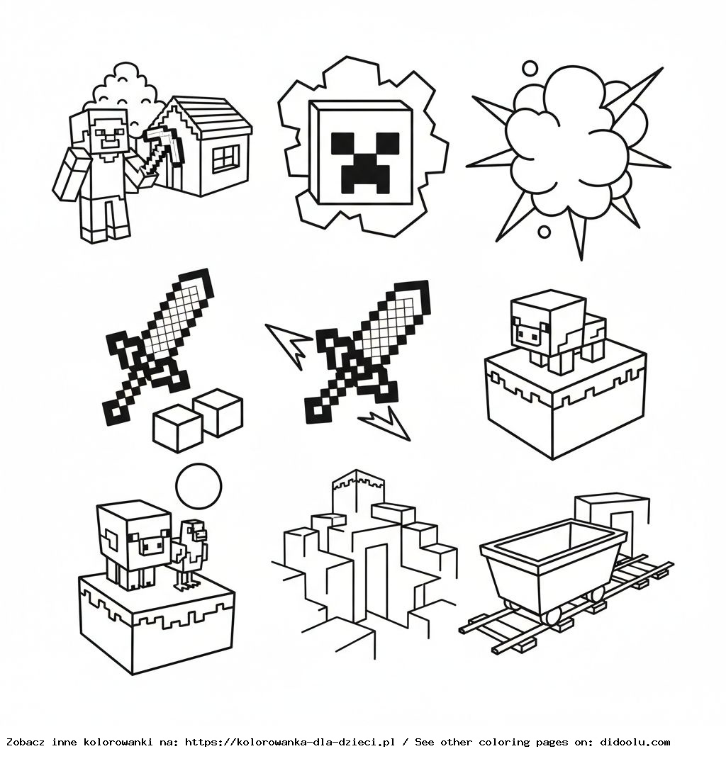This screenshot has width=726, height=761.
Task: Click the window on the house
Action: (225, 159)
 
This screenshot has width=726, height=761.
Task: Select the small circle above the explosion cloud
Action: (530, 69)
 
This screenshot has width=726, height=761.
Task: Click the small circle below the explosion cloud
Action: (544, 231)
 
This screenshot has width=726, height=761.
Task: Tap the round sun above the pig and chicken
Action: (199, 486)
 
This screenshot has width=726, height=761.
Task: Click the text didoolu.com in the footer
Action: (635, 742)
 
